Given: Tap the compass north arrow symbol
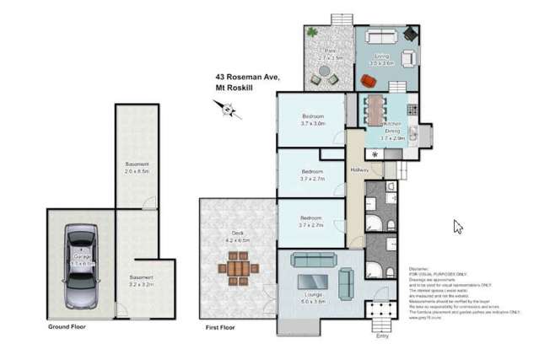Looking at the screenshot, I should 225,108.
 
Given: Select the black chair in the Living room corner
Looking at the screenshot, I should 411,35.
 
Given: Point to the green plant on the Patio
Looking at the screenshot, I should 313,33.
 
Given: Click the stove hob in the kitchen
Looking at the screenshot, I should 412,109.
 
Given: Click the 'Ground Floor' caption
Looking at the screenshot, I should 69,325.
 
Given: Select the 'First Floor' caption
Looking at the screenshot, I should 221,325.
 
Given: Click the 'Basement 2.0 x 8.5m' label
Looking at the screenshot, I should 137,167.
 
